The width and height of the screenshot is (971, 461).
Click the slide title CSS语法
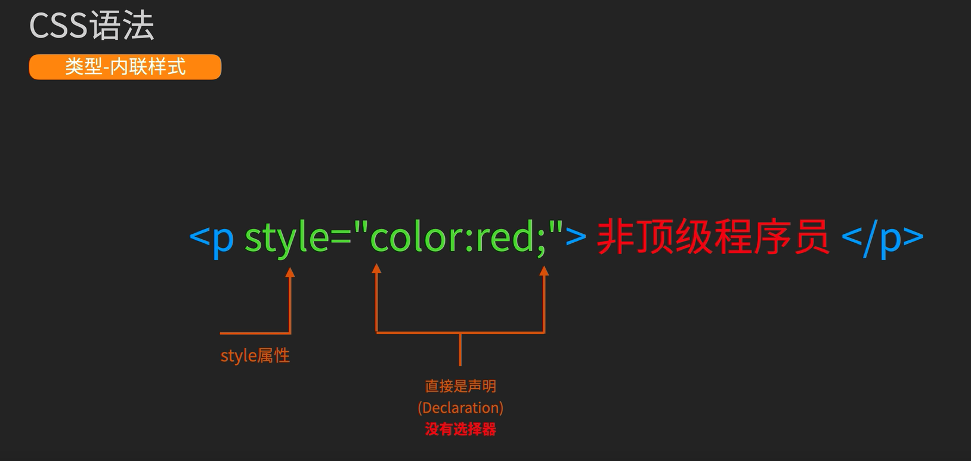coord(92,26)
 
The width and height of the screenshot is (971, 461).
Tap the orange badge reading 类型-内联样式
coord(125,67)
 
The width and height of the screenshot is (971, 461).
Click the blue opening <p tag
coord(212,237)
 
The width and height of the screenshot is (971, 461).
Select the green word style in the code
coord(287,237)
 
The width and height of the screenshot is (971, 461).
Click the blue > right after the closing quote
coord(576,237)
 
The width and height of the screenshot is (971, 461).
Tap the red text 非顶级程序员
coord(713,237)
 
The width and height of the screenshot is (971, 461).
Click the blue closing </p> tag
coord(882,237)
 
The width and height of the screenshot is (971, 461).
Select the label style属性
coord(255,356)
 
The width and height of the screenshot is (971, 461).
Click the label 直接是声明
coord(460,386)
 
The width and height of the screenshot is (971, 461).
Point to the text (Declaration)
coord(460,408)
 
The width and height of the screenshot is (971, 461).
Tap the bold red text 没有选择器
coord(460,429)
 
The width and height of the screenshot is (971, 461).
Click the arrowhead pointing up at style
coord(290,273)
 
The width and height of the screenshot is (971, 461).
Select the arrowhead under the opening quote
coord(376,269)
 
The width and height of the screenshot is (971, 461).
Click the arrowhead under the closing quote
coord(544,271)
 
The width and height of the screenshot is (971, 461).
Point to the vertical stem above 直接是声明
coord(460,349)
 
